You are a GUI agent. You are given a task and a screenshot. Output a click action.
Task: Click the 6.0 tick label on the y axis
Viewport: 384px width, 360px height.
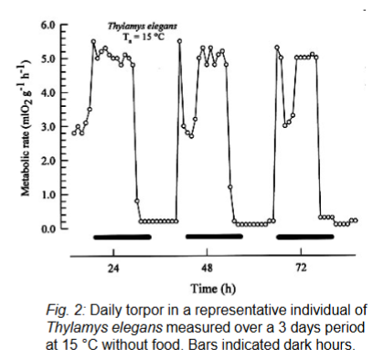click(x=48, y=26)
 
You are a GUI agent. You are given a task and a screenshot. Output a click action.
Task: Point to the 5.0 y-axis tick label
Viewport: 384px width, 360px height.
click(x=48, y=59)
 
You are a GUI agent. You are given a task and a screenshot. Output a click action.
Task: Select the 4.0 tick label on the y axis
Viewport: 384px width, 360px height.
click(x=48, y=93)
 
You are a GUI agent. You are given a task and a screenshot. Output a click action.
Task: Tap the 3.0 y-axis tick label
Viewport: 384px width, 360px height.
click(x=48, y=127)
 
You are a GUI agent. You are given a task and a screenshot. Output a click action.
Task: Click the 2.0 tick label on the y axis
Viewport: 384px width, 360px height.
click(x=48, y=161)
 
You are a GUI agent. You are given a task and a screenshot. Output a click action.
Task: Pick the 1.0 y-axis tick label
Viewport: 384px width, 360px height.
click(x=48, y=195)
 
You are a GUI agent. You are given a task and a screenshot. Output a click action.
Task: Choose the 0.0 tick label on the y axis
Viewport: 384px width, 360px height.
click(x=48, y=228)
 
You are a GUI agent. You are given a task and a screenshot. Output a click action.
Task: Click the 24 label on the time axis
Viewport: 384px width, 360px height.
click(x=114, y=270)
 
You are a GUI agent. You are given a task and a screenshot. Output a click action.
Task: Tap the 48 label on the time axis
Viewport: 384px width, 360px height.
click(x=208, y=270)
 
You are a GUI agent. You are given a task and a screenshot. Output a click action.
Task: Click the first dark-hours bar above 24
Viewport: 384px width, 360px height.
click(x=122, y=238)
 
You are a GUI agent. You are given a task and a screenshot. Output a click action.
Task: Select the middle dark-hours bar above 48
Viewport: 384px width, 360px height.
click(x=214, y=237)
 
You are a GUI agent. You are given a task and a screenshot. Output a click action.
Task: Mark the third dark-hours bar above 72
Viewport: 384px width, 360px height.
click(x=305, y=238)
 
